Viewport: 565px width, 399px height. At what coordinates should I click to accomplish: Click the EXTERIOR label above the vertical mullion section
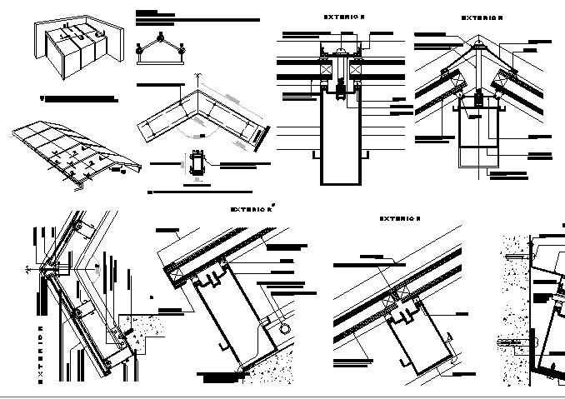click(344, 17)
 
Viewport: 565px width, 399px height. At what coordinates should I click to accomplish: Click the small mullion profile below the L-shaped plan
click(197, 162)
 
